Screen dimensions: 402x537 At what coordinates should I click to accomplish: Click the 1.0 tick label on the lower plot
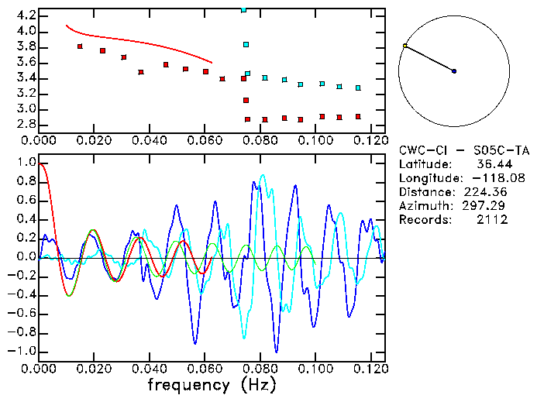pos(26,163)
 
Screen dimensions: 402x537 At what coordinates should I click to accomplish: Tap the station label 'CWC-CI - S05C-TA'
pos(463,150)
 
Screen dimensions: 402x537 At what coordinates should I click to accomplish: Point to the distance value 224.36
pos(486,192)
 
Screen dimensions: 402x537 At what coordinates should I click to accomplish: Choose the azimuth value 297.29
pos(486,206)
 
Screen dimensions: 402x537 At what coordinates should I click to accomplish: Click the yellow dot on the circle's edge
pos(405,46)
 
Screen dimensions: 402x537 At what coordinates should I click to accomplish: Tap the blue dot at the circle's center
pos(454,71)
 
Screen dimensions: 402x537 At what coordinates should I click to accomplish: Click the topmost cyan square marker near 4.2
pos(244,10)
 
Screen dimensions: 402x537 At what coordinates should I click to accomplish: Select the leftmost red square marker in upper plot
pos(80,46)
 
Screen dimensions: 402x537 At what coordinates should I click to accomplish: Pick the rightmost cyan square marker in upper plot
pos(358,88)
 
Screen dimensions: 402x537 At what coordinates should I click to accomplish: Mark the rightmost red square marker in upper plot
pos(358,117)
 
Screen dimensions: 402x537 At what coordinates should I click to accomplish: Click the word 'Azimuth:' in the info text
pos(424,206)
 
